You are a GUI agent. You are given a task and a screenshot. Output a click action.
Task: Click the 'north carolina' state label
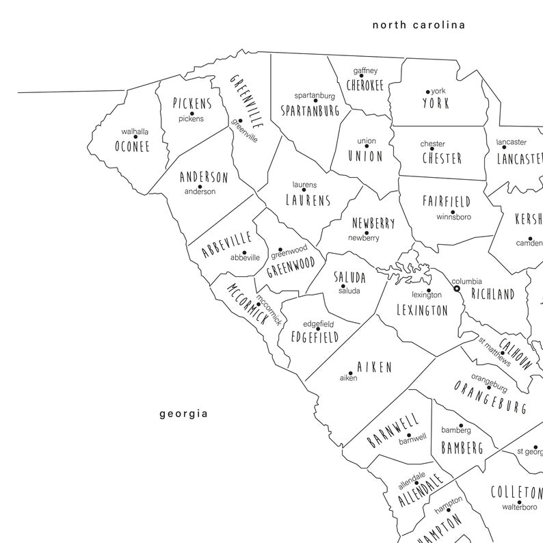[x=419, y=25]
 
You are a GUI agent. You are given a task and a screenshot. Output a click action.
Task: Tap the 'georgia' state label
[x=183, y=414]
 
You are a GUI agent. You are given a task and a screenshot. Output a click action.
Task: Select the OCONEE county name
[x=132, y=146]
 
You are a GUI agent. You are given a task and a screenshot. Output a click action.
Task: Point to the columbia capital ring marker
[x=457, y=289]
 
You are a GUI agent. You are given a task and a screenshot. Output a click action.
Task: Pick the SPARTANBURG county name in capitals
[x=310, y=109]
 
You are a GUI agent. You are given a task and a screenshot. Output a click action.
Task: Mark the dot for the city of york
[x=427, y=92]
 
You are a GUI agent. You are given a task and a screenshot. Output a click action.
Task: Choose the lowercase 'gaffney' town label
[x=365, y=71]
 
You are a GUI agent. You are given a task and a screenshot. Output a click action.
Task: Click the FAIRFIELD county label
[x=446, y=202]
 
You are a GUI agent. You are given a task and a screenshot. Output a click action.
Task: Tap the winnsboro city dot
[x=452, y=212]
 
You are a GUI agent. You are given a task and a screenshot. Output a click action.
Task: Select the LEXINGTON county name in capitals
[x=422, y=310]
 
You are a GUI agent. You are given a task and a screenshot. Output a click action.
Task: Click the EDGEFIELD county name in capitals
[x=315, y=337]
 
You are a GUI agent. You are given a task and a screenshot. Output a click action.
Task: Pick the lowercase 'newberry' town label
[x=363, y=238]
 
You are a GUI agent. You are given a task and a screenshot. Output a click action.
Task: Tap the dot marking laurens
[x=304, y=190]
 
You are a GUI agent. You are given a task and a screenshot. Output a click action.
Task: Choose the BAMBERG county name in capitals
[x=462, y=448]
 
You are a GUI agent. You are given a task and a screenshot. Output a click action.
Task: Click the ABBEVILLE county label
[x=227, y=245]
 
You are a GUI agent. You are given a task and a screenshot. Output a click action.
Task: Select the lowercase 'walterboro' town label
[x=519, y=507]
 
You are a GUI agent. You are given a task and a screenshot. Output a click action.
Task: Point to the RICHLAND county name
[x=492, y=295]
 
